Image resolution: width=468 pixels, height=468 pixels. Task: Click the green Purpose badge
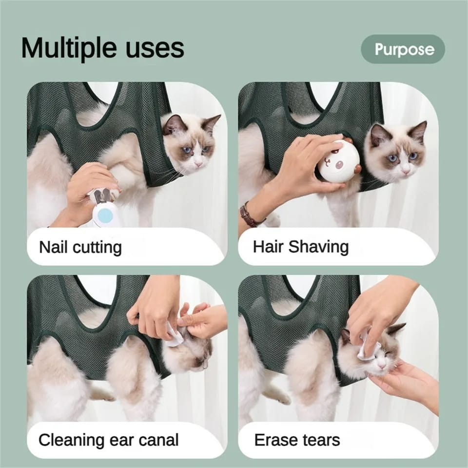click(403, 49)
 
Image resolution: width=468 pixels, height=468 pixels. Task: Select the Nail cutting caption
click(80, 247)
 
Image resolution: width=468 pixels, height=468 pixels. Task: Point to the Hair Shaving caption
click(301, 247)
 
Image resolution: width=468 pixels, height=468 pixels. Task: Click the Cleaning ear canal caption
click(109, 440)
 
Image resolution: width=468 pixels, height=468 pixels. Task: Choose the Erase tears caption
click(297, 440)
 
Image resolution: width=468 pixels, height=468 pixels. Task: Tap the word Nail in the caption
click(51, 247)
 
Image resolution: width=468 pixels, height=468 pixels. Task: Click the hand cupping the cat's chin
click(405, 380)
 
